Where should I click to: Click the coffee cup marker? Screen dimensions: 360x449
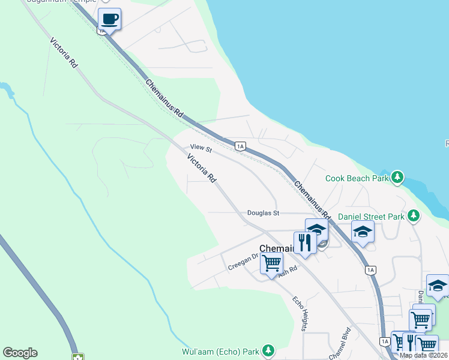click(x=109, y=19)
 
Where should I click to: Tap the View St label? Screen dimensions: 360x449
click(x=201, y=148)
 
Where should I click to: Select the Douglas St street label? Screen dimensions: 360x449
click(x=264, y=213)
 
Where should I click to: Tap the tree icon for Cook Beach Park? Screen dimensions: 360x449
click(x=397, y=177)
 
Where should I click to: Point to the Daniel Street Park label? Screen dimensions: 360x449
click(x=372, y=217)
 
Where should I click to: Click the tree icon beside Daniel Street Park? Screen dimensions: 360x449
click(x=413, y=215)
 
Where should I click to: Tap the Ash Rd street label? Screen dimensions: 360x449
click(x=288, y=271)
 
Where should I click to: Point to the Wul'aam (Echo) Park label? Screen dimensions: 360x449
click(x=220, y=351)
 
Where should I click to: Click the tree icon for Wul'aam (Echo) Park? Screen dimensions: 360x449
click(x=268, y=350)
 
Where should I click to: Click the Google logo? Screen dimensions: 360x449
click(x=20, y=353)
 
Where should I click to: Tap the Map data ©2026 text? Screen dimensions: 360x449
click(x=423, y=355)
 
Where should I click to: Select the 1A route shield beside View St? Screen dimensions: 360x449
click(x=240, y=146)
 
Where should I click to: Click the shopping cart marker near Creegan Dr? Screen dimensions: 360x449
click(x=271, y=262)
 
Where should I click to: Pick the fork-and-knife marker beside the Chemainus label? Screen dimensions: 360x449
click(x=306, y=242)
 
